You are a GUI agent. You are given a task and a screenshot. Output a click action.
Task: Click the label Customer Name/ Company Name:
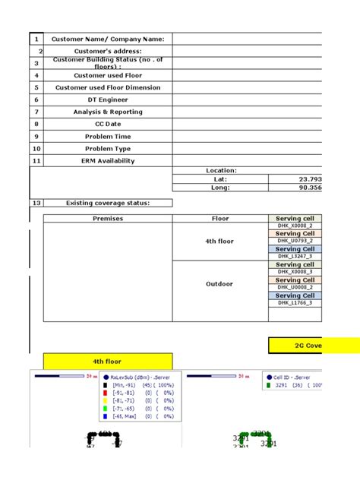click(x=107, y=39)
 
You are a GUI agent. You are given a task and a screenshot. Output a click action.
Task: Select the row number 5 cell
click(x=36, y=87)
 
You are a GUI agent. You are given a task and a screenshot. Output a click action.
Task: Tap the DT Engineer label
click(x=107, y=99)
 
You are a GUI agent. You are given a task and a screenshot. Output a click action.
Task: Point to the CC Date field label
click(x=107, y=124)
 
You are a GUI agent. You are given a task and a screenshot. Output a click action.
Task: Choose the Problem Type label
click(x=107, y=149)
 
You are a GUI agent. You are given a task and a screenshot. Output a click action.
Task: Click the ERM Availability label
click(x=107, y=161)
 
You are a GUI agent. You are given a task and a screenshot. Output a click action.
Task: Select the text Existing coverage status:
click(x=107, y=203)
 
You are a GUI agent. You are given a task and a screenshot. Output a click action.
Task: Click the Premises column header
click(x=107, y=219)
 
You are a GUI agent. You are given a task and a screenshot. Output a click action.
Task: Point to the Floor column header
click(x=219, y=219)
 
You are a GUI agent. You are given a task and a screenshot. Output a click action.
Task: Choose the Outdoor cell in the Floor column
click(x=219, y=284)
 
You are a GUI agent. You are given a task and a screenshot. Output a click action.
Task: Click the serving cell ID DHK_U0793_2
click(x=294, y=242)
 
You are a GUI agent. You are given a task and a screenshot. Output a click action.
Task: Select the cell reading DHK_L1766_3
click(x=294, y=303)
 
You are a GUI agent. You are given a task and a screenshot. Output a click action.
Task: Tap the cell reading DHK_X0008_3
click(x=294, y=272)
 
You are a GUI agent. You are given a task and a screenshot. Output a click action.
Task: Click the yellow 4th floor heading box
click(x=107, y=362)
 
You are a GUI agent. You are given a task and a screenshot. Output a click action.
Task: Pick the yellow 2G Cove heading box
click(x=313, y=346)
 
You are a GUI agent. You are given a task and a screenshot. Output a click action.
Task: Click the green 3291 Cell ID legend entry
click(x=292, y=385)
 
